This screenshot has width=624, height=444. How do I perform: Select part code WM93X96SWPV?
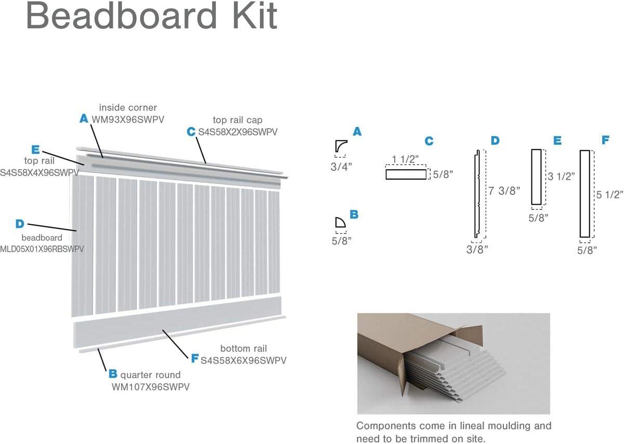click(128, 119)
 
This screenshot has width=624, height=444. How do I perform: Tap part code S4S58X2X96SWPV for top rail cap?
click(238, 132)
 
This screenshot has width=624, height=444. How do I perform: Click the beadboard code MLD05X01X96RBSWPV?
click(42, 249)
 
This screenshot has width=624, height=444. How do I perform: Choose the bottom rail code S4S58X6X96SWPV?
click(243, 360)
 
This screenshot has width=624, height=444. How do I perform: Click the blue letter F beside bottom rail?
click(194, 359)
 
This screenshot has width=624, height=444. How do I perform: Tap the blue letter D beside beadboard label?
click(20, 224)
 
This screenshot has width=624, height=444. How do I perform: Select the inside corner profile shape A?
click(341, 146)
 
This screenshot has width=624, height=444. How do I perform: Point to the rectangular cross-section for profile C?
click(406, 174)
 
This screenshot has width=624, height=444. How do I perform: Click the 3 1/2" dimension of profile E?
click(561, 176)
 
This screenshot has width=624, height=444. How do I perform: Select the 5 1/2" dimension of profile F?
click(609, 195)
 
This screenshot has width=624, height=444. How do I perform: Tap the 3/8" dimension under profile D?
click(477, 250)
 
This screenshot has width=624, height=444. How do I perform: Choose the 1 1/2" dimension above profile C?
click(406, 159)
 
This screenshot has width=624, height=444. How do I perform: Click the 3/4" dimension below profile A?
click(341, 166)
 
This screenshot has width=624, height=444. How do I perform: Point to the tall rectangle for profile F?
click(584, 194)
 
